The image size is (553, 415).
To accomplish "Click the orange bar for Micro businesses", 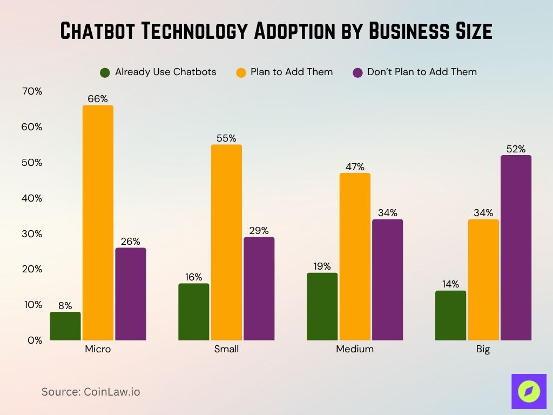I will tap(98, 223).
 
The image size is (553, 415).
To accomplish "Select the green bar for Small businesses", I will tap(193, 312).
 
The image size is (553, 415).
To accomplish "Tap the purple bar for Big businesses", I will tap(516, 247).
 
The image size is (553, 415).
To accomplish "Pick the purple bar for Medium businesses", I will tap(387, 279).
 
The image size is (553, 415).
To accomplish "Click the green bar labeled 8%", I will tap(65, 326).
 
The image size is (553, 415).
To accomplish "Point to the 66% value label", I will tap(98, 99).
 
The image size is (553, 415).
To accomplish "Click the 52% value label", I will tap(516, 149).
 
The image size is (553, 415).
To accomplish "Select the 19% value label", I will tap(322, 266).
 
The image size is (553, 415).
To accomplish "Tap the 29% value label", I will tap(259, 231).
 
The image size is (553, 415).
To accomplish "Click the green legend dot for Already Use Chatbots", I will tap(105, 72).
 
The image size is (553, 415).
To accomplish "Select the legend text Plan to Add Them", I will tap(292, 72).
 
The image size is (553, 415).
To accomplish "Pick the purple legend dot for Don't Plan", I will tap(358, 72).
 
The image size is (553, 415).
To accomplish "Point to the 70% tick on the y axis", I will tap(32, 91).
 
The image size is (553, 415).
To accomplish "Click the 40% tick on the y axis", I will tap(32, 198).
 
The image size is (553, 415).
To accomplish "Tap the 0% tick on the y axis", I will tap(35, 340).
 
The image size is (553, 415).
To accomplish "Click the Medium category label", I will tap(355, 349).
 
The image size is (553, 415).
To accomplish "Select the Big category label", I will tap(483, 349).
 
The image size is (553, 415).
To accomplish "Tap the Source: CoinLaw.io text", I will tap(91, 392).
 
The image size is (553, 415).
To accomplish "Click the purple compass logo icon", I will tap(529, 391).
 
